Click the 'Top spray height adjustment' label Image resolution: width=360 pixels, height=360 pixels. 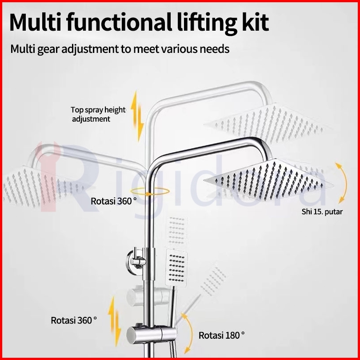(x=98, y=114)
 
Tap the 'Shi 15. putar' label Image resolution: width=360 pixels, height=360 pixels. (x=322, y=212)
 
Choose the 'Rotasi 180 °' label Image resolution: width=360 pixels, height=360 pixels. (x=221, y=335)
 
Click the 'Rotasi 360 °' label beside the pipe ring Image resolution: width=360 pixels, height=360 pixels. (x=114, y=201)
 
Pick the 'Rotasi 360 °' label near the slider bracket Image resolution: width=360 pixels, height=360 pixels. (x=74, y=320)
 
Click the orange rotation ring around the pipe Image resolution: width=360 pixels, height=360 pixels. (x=153, y=192)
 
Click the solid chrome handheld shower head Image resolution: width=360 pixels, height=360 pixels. (x=176, y=268)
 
